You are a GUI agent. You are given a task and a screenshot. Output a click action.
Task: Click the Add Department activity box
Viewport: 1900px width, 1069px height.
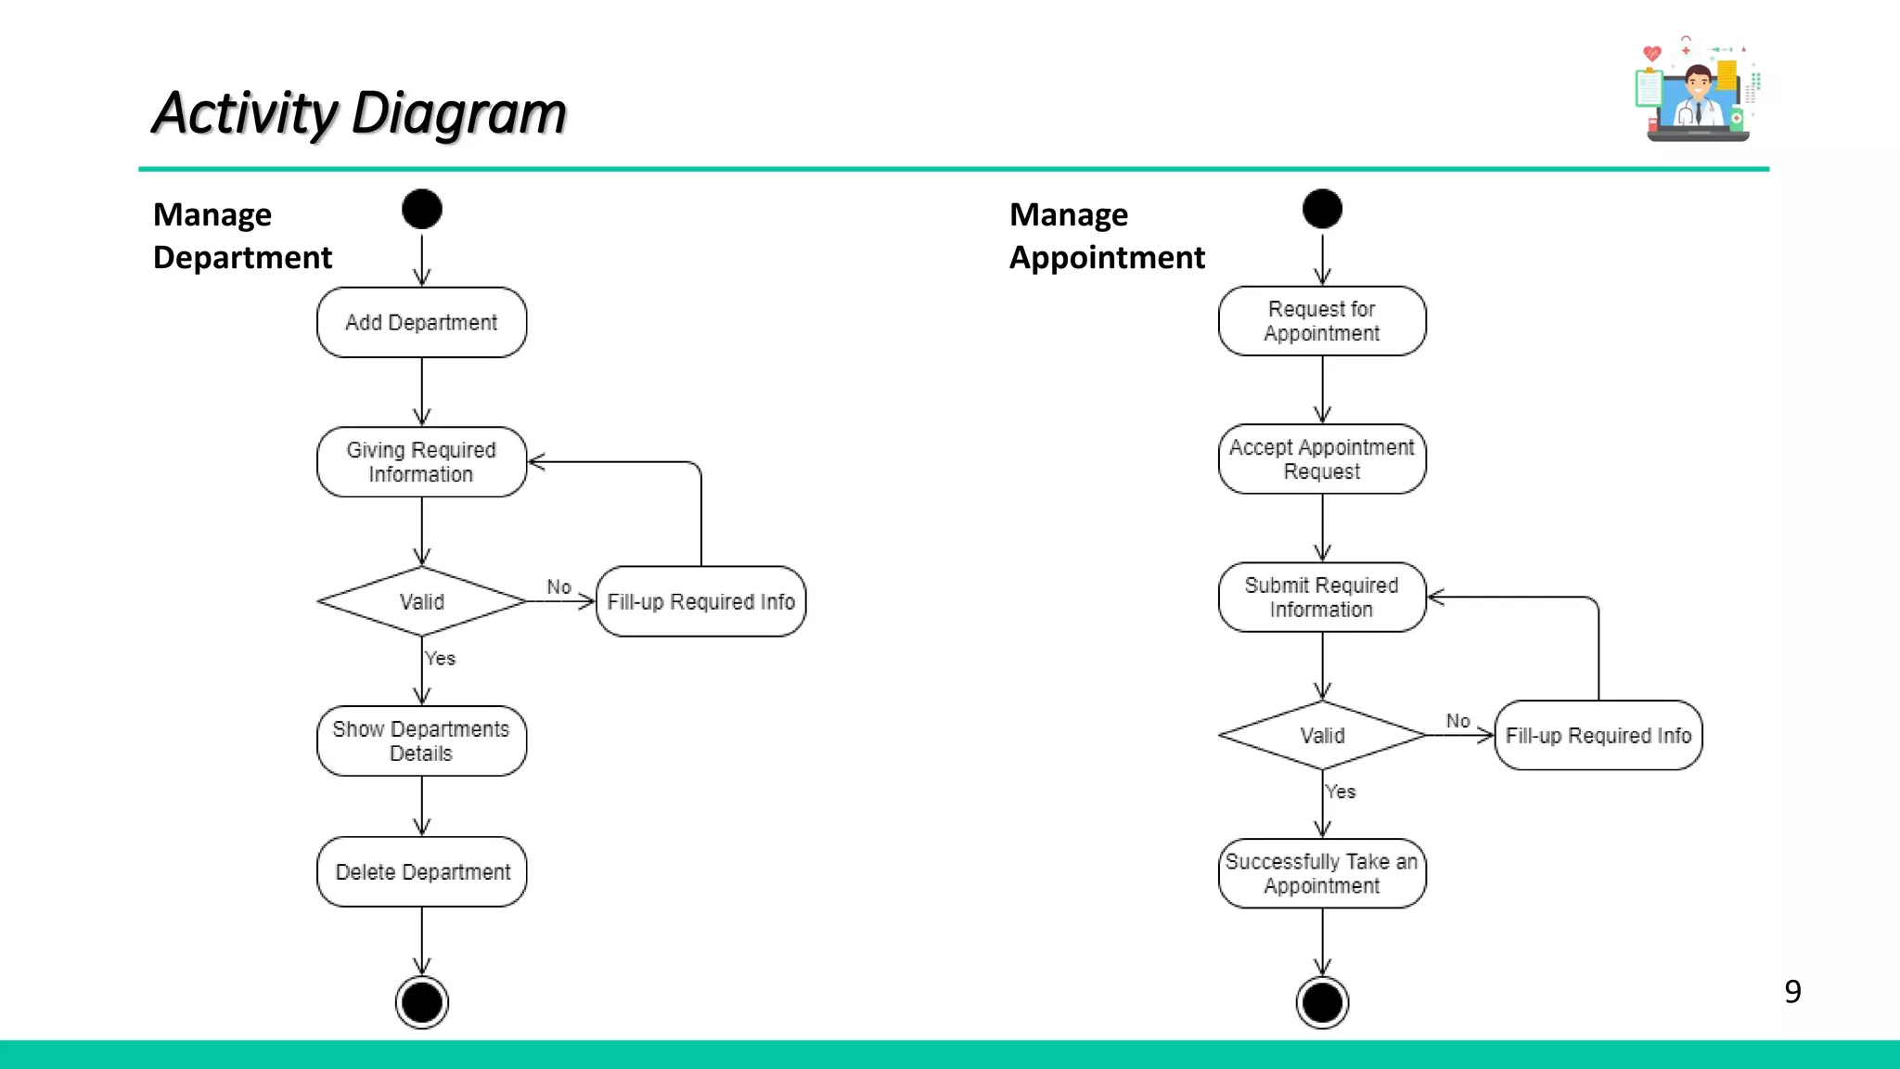click(421, 322)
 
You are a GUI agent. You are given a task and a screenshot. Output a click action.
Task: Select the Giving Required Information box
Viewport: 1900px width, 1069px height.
click(421, 462)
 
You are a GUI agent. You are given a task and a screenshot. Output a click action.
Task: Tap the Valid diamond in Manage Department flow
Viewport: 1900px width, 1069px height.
click(421, 601)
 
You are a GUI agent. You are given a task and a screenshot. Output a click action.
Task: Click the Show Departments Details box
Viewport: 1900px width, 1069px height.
click(421, 741)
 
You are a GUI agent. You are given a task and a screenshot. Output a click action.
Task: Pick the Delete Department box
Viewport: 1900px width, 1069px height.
click(421, 872)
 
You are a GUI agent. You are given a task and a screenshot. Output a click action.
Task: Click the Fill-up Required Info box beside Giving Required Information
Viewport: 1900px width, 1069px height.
click(700, 601)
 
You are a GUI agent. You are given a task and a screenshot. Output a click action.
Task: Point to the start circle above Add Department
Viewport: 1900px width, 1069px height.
click(421, 209)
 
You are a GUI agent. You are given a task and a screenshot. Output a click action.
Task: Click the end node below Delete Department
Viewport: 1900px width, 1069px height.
click(421, 1002)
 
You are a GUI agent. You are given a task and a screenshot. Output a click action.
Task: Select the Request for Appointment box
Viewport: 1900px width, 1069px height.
click(1322, 321)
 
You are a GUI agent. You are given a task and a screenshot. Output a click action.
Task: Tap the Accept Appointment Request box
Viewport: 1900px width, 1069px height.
click(1322, 459)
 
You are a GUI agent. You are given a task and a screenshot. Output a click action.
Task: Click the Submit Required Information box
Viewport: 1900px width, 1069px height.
click(1322, 598)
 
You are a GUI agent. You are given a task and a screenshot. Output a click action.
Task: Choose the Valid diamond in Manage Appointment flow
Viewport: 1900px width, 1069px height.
click(1322, 735)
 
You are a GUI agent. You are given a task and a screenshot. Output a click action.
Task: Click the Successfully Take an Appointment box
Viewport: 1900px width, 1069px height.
click(1322, 873)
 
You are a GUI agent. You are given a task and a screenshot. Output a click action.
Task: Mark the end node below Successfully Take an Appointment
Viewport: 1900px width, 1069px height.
click(1322, 1002)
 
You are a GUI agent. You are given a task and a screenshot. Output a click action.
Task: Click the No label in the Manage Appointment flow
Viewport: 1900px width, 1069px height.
click(1457, 721)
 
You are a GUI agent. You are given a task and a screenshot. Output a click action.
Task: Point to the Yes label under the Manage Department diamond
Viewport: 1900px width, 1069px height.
click(440, 659)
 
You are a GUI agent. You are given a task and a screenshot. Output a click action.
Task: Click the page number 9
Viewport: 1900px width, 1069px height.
click(1792, 992)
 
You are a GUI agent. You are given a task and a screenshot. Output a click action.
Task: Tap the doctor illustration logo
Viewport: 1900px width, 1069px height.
click(1696, 91)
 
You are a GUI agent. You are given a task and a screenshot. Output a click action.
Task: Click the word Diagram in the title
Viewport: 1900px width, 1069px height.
click(458, 113)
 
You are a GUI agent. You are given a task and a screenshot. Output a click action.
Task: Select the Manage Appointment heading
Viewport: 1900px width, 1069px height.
click(1106, 236)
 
